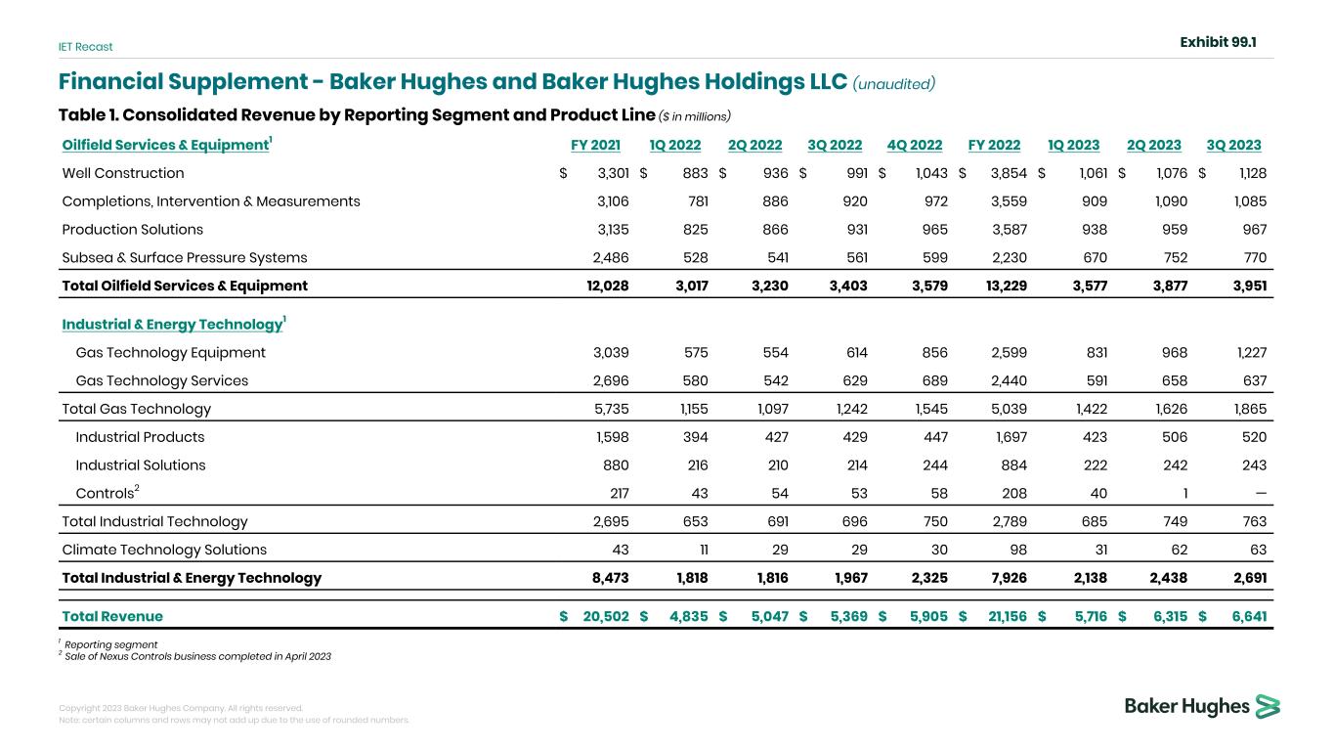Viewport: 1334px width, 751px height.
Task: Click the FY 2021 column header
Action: (595, 145)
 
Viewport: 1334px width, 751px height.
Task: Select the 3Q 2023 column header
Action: (1233, 145)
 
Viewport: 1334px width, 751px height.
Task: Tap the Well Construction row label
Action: (123, 173)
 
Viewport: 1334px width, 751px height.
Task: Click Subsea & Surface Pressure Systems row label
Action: (185, 257)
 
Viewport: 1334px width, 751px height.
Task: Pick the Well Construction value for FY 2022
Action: (1009, 173)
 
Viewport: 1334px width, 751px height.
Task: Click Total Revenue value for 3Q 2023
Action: (1249, 616)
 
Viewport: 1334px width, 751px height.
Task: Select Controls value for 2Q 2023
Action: (1185, 493)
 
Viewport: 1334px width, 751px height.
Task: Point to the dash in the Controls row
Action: (1261, 493)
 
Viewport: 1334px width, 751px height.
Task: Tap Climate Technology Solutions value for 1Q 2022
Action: (704, 550)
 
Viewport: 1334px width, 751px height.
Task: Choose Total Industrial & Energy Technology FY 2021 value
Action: (610, 578)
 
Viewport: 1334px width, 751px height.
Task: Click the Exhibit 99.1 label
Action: (1218, 42)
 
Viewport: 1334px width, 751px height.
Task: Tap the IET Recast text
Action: (85, 47)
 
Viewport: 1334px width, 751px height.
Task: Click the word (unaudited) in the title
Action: (894, 83)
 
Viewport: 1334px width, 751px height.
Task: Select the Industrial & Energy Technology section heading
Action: (174, 324)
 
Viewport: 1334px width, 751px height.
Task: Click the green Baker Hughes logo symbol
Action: (1268, 707)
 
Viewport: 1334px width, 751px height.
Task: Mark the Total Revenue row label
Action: (112, 616)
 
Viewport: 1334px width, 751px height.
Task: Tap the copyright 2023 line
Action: (181, 708)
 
